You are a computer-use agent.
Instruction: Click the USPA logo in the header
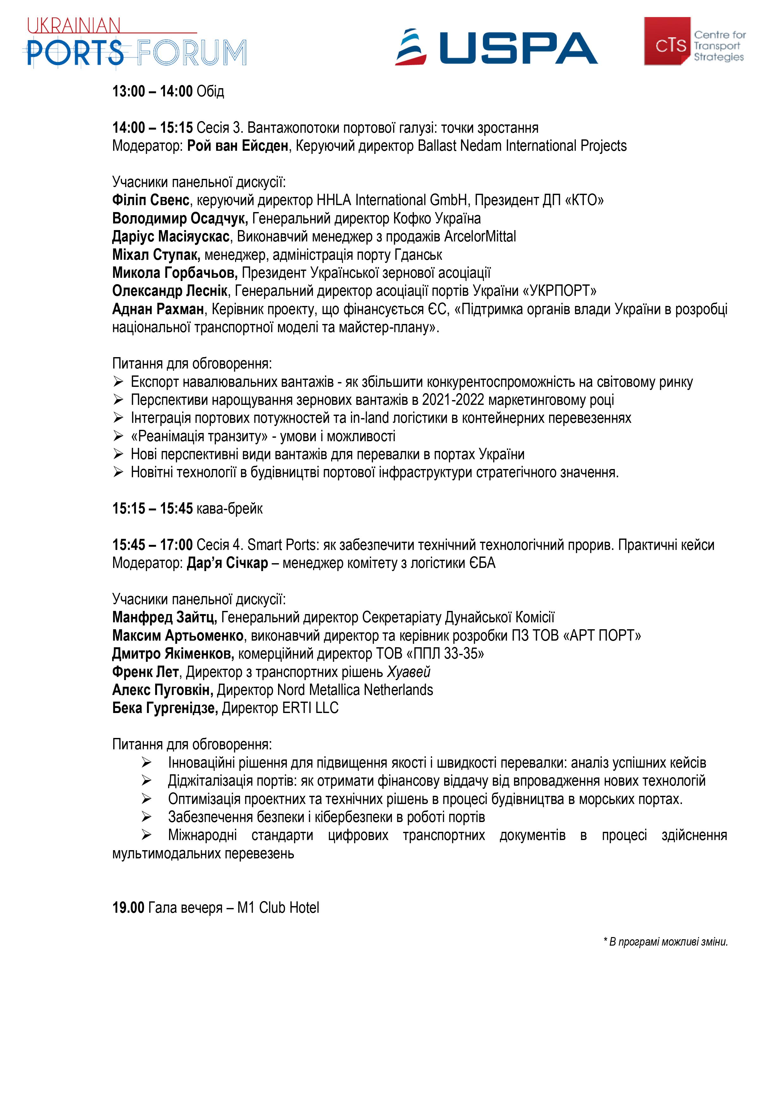coord(496,47)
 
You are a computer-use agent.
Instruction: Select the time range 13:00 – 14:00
coord(153,91)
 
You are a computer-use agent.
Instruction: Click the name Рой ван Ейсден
coord(238,146)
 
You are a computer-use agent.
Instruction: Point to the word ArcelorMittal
coord(480,237)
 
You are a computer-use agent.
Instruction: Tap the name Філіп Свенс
coord(151,200)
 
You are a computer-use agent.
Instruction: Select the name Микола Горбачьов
coord(175,273)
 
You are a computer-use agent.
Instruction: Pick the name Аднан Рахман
coord(158,309)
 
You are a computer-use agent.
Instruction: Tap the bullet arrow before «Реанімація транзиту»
coord(119,436)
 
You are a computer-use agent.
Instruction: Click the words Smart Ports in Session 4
coord(282,545)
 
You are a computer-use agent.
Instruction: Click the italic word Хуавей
coord(409,672)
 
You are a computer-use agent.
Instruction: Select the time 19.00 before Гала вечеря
coord(129,908)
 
